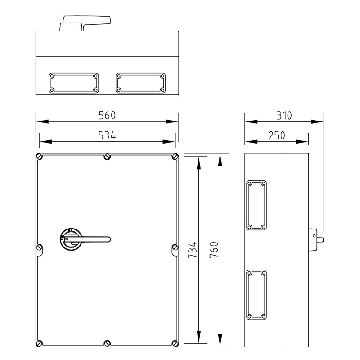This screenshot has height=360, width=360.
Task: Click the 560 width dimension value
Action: tap(107, 115)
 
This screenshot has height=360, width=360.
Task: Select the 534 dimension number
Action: tap(107, 135)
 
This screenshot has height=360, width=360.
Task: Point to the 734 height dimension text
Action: tap(193, 250)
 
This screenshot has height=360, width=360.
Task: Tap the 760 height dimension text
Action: tap(214, 250)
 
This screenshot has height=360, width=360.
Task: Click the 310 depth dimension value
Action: tap(284, 116)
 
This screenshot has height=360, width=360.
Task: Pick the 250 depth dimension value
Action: tap(277, 135)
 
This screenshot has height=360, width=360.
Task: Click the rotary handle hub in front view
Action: tap(71, 239)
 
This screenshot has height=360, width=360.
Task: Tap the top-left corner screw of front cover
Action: tap(40, 157)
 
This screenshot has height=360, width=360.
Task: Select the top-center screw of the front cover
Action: tap(107, 157)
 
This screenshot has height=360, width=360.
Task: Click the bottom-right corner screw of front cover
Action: tap(175, 343)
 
